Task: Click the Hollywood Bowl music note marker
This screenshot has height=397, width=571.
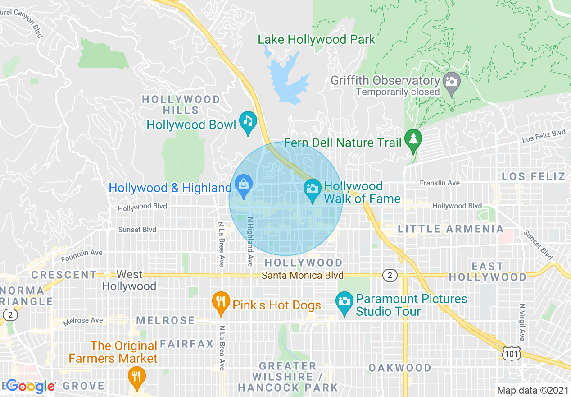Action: [248, 121]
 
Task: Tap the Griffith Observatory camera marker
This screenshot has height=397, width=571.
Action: [451, 82]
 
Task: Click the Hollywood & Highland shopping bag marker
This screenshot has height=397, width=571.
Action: [244, 185]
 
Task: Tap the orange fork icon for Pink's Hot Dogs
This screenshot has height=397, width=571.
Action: [220, 301]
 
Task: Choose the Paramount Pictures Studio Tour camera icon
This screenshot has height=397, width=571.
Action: [344, 301]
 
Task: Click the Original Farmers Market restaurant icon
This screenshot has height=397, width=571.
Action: [136, 375]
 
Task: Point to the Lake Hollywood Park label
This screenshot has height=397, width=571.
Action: [316, 40]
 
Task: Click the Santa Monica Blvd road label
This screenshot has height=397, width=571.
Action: [304, 275]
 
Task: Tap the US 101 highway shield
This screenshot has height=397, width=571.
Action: [512, 354]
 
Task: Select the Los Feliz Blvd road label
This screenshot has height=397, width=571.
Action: [544, 136]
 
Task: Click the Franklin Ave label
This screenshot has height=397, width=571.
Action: [440, 183]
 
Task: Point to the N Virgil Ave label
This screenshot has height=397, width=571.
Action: [522, 322]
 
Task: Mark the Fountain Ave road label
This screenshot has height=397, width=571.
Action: [82, 256]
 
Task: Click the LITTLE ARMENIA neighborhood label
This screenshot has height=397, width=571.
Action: [450, 229]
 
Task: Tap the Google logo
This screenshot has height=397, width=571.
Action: [31, 386]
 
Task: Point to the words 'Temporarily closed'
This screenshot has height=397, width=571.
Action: [397, 92]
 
